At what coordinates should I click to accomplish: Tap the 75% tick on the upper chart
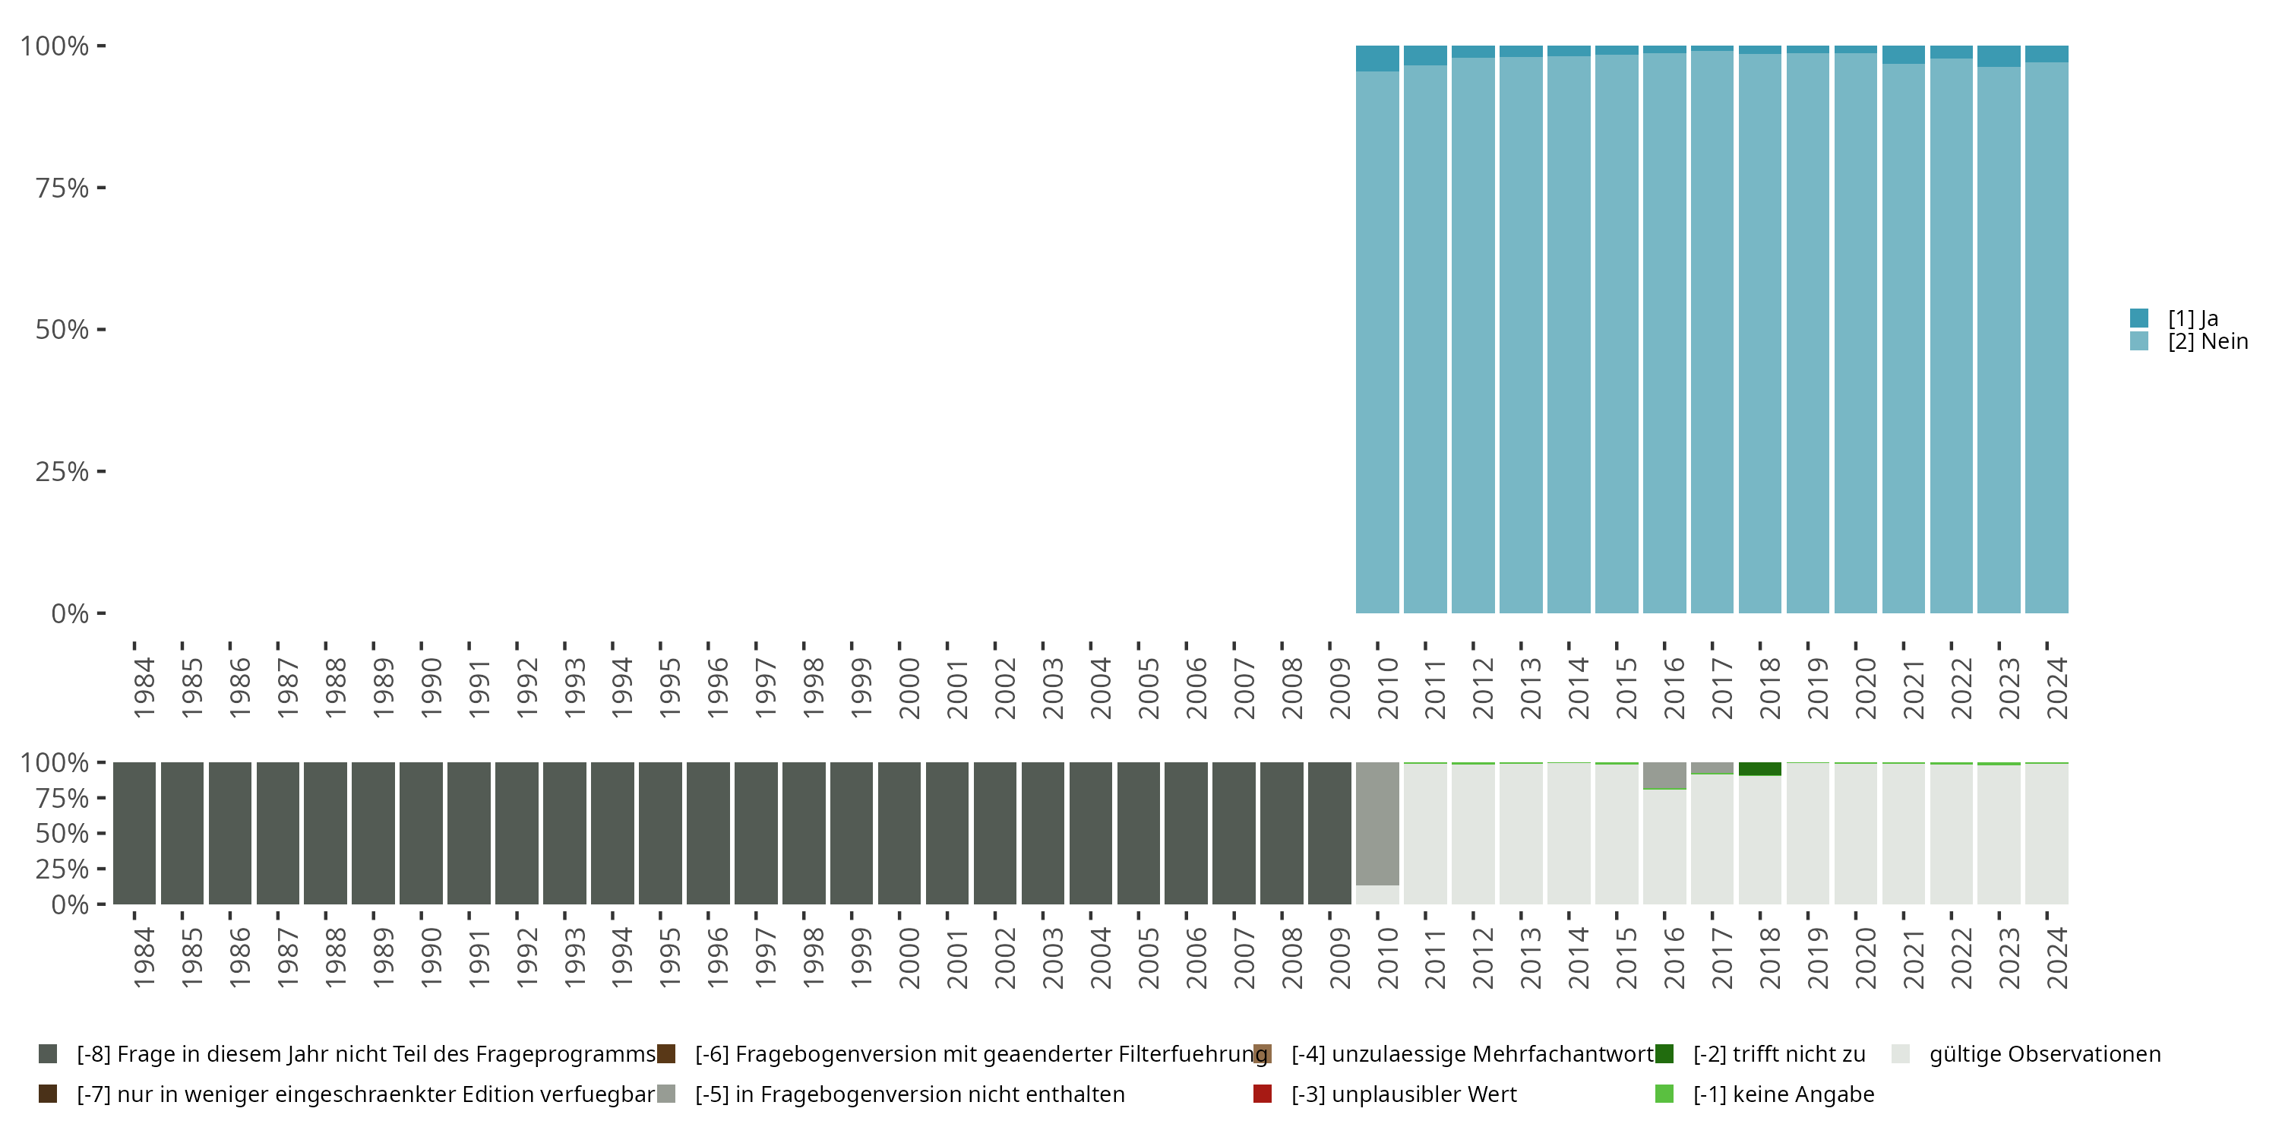pos(62,188)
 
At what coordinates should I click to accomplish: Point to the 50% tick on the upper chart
pos(62,329)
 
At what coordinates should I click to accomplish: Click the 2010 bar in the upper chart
pos(1377,345)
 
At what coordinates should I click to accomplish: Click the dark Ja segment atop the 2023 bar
pos(1999,55)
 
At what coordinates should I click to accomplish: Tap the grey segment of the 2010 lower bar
pos(1377,823)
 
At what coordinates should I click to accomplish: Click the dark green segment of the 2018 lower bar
pos(1759,769)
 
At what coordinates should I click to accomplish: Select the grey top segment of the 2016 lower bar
pos(1664,774)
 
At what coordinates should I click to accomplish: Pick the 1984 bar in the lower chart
pos(134,833)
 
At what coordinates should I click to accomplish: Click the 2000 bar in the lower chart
pos(899,833)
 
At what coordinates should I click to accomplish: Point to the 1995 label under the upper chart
pos(670,688)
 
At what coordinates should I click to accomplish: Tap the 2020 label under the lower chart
pos(1865,958)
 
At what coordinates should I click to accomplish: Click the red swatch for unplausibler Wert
pos(1263,1094)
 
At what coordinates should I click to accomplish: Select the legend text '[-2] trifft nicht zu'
pos(1778,1054)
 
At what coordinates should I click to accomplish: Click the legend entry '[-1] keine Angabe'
pos(1783,1094)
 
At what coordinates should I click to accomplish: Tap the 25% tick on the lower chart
pos(62,868)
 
